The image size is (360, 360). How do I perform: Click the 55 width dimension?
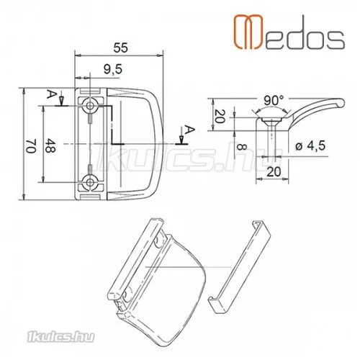click(x=121, y=48)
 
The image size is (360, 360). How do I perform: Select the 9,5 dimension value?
click(x=113, y=69)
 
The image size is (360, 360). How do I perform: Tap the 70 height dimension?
click(x=31, y=146)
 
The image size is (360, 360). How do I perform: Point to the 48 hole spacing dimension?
click(x=50, y=145)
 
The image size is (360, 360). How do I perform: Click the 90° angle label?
click(x=274, y=101)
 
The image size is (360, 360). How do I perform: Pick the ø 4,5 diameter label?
click(x=310, y=145)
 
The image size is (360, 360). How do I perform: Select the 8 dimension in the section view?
click(x=241, y=147)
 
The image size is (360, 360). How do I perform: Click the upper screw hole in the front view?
click(x=90, y=106)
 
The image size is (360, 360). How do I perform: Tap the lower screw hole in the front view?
click(x=90, y=182)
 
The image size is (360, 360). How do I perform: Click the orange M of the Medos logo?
click(x=248, y=32)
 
